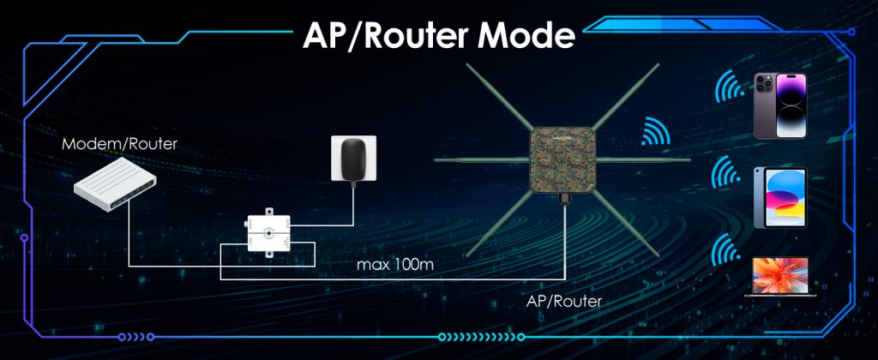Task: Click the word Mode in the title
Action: click(526, 35)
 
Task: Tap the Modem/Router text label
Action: click(120, 144)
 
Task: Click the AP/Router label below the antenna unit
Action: click(565, 302)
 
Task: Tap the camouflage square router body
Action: click(562, 159)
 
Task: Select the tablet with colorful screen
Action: click(779, 196)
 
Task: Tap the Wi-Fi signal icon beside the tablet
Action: click(726, 175)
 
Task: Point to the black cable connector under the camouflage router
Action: click(564, 199)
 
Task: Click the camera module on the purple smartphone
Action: click(765, 84)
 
